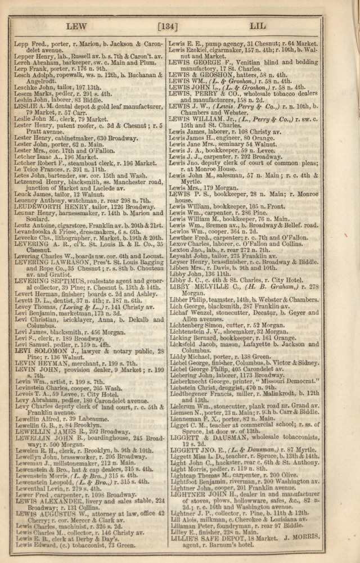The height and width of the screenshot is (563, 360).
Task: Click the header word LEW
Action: click(77, 26)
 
